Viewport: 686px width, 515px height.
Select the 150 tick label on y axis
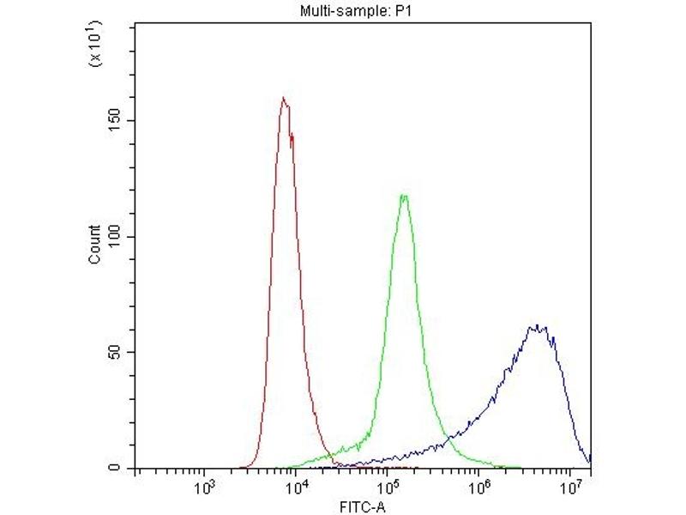coord(117,121)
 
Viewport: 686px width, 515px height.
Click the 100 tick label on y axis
coord(117,237)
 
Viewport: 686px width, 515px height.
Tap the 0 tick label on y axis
coord(123,469)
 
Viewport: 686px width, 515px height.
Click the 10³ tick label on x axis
coord(203,488)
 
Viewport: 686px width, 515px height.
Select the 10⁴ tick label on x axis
coord(295,488)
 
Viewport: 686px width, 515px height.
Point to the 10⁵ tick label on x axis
coord(387,488)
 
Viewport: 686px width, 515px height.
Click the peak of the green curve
coord(403,195)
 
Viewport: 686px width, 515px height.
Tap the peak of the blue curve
coord(536,325)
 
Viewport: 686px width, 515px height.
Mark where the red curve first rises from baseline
coord(243,467)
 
